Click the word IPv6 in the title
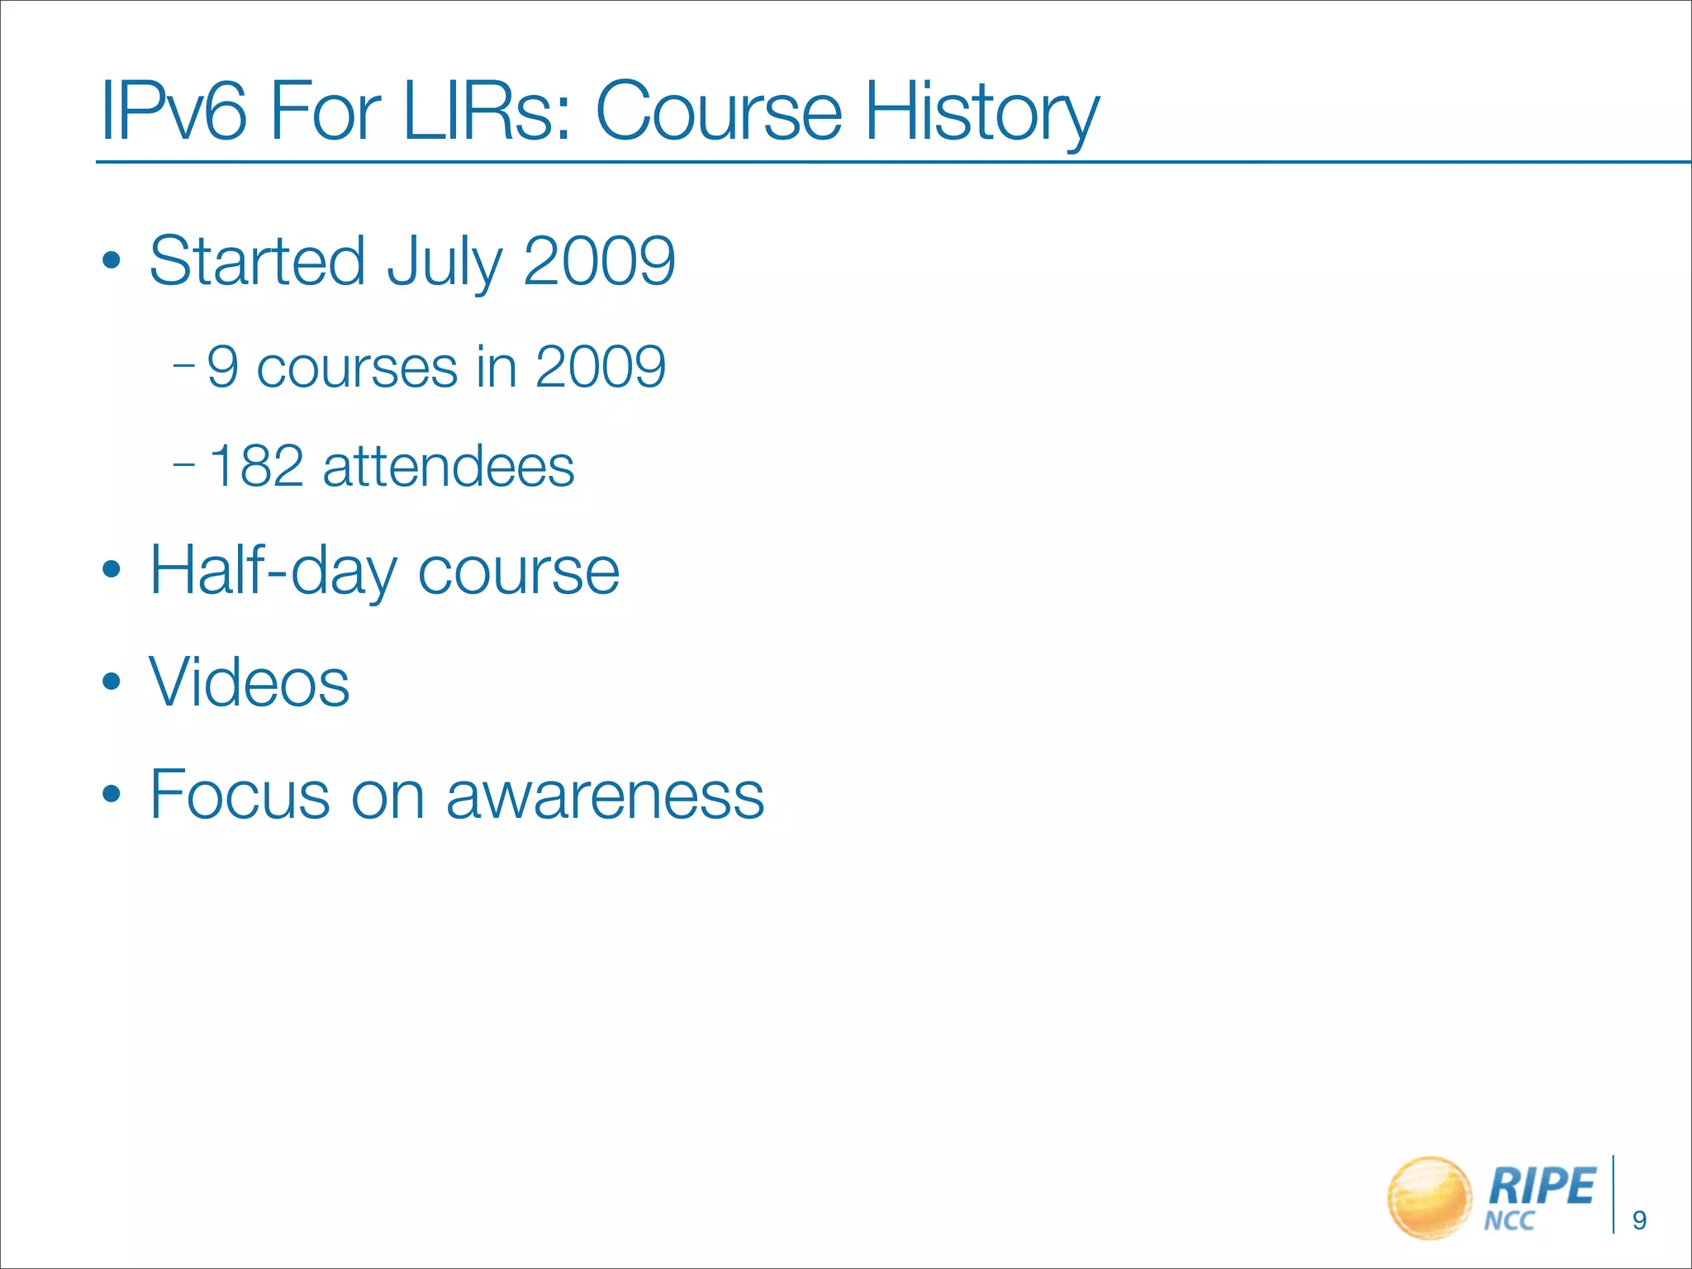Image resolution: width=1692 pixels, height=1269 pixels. point(173,112)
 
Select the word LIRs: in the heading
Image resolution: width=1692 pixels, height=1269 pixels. point(487,112)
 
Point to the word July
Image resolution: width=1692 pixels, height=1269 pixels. point(444,261)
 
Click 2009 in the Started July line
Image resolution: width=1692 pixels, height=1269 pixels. point(599,261)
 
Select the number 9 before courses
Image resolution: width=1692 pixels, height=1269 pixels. point(223,367)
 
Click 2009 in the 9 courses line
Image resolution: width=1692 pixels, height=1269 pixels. point(600,367)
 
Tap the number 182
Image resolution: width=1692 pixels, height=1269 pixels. point(256,466)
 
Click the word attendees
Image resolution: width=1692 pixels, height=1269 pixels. point(448,466)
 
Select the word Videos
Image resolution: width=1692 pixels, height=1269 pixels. point(249,682)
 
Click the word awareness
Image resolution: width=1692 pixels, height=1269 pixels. point(605,795)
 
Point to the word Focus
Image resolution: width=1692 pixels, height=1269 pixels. point(240,795)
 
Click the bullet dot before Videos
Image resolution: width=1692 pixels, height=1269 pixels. point(112,682)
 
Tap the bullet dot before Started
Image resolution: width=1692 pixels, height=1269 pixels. point(112,262)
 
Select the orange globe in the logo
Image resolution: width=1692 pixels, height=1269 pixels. point(1429,1197)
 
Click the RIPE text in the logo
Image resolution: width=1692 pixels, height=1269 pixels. point(1541,1186)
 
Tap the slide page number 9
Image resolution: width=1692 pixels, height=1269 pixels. point(1640,1220)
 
